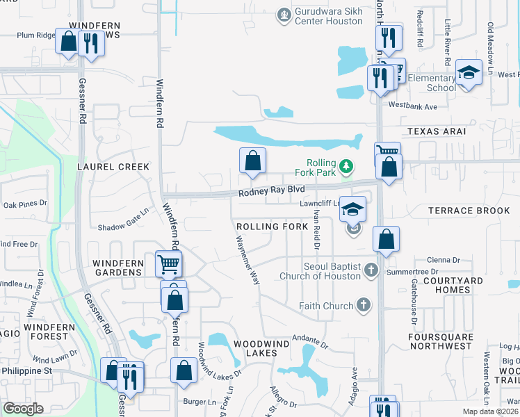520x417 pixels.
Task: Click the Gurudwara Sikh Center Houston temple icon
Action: click(283, 14)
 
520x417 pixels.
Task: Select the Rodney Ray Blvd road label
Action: click(272, 190)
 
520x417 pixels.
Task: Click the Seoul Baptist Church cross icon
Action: click(371, 270)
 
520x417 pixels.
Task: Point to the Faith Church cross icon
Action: click(362, 304)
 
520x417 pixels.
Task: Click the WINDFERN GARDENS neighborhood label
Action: click(117, 267)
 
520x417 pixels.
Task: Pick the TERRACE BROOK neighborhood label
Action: click(469, 211)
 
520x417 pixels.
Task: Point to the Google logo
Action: click(23, 409)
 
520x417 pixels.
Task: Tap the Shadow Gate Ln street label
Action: click(124, 222)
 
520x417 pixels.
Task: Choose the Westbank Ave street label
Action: click(412, 106)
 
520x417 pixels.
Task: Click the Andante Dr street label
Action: click(309, 341)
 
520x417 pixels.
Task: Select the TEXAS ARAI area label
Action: click(436, 131)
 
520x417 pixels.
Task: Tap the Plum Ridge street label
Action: click(35, 35)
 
